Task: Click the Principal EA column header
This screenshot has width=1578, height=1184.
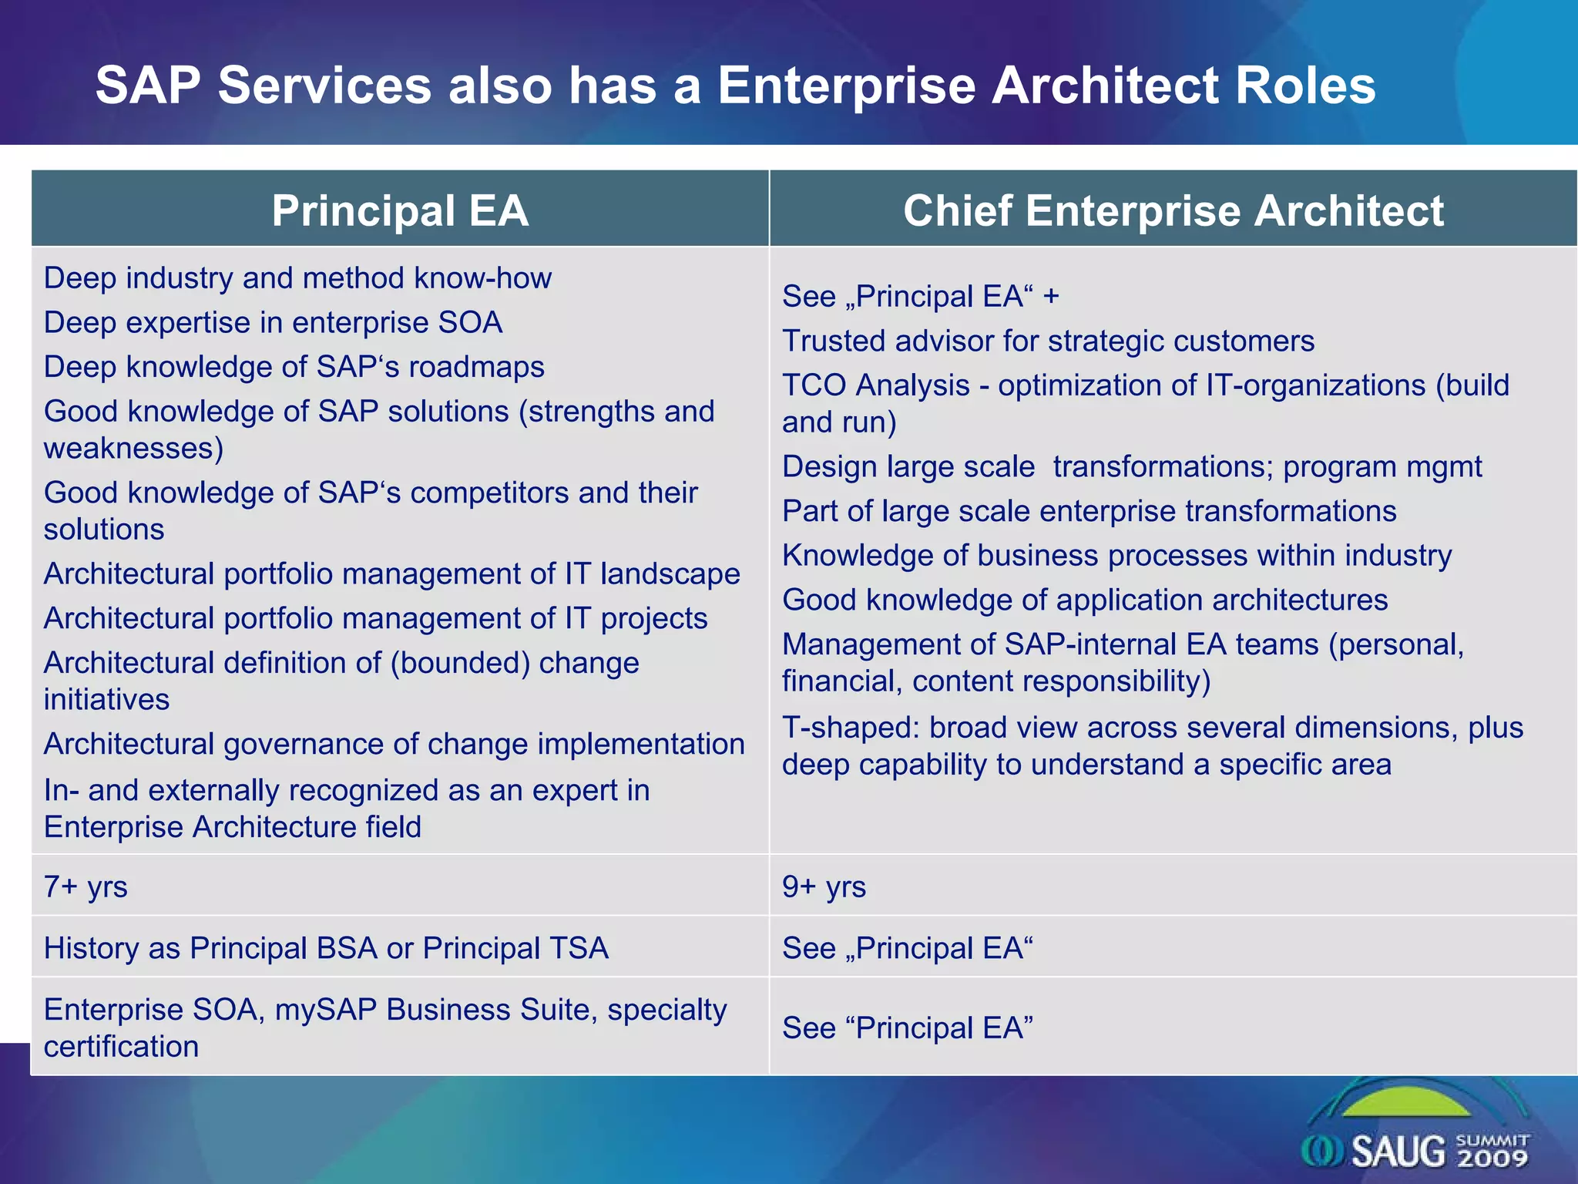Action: click(x=400, y=210)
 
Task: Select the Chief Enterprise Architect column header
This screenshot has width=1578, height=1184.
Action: click(x=1173, y=210)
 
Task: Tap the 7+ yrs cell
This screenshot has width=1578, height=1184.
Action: click(x=86, y=886)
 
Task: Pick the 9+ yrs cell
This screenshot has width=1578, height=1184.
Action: click(x=824, y=886)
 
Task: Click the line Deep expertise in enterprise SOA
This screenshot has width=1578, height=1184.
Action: click(x=273, y=322)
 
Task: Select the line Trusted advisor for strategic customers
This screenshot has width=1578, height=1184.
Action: click(x=1048, y=341)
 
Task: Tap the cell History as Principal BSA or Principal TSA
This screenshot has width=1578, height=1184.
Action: click(x=326, y=948)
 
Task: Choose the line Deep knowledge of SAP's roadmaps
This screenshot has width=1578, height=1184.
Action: click(x=294, y=367)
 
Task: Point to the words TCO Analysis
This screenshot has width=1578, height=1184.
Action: click(x=875, y=385)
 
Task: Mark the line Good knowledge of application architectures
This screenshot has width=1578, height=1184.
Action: click(x=1085, y=600)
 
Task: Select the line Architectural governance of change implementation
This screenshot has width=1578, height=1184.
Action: click(x=394, y=744)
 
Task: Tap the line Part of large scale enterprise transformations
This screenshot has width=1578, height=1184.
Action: click(x=1089, y=511)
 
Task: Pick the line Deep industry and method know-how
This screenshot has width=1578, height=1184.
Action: click(x=297, y=278)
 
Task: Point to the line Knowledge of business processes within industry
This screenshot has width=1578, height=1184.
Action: click(x=1116, y=555)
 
